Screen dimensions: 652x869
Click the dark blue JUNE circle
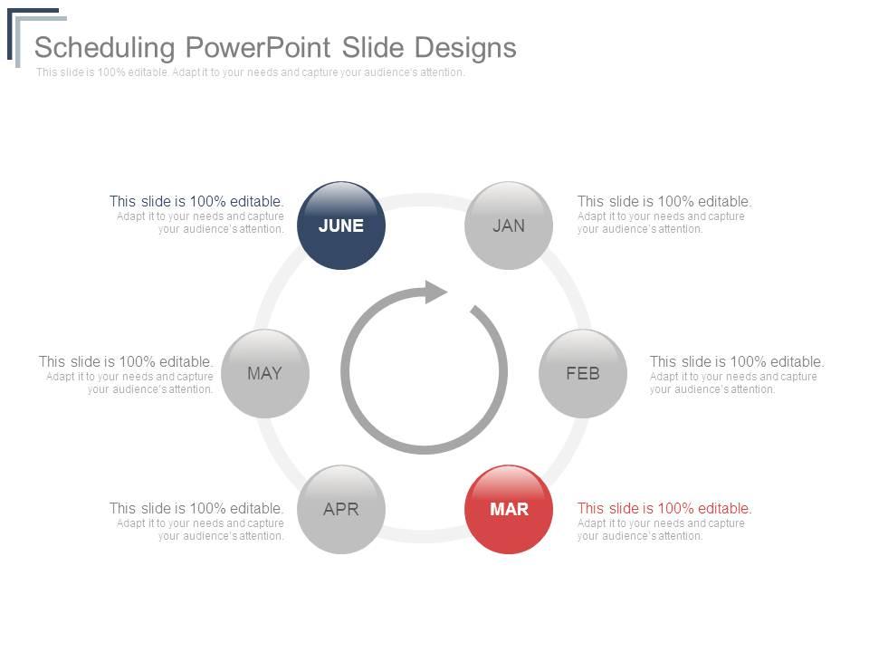(x=341, y=225)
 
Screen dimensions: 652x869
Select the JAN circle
(x=509, y=225)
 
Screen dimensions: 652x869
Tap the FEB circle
(x=583, y=373)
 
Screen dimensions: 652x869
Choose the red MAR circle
(x=509, y=509)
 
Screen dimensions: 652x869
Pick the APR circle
(x=341, y=509)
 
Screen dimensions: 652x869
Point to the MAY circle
(x=264, y=373)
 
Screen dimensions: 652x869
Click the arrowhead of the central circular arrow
(x=435, y=292)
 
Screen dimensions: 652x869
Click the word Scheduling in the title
(x=103, y=47)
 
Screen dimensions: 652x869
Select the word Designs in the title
(x=466, y=47)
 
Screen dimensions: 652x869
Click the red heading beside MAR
(x=664, y=509)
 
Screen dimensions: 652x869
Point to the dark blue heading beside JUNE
(x=196, y=202)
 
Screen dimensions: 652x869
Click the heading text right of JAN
(x=664, y=202)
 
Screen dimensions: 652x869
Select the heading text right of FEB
(x=737, y=362)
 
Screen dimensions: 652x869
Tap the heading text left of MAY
(x=126, y=362)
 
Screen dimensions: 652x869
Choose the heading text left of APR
(x=196, y=509)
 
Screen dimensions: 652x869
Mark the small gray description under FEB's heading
(x=733, y=383)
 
